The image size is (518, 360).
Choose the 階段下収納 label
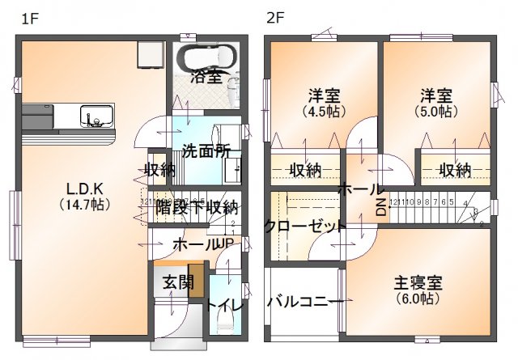click(x=195, y=206)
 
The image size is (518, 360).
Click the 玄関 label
click(x=176, y=282)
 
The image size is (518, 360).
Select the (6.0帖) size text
click(x=418, y=299)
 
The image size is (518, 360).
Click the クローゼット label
click(x=305, y=227)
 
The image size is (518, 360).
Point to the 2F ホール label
click(x=361, y=189)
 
